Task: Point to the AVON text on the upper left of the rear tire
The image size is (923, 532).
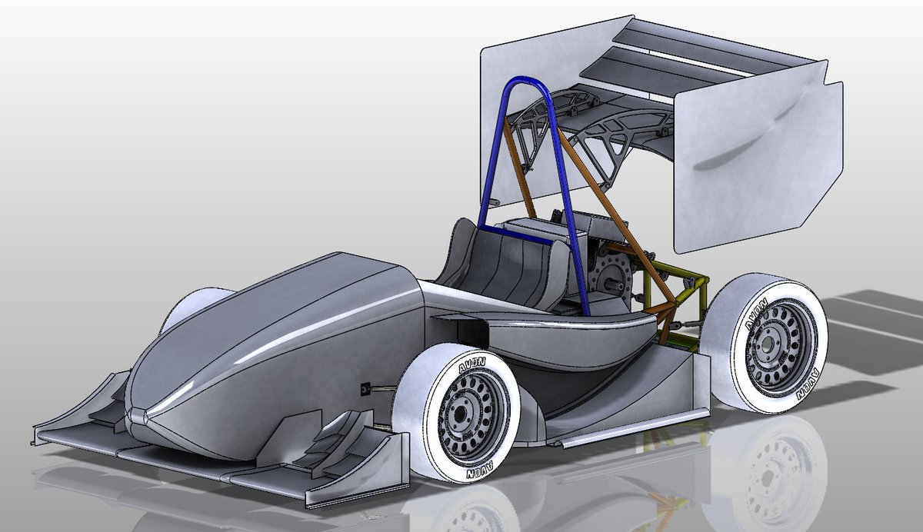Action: pos(756,314)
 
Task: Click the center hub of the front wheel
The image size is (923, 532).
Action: pos(459,413)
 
